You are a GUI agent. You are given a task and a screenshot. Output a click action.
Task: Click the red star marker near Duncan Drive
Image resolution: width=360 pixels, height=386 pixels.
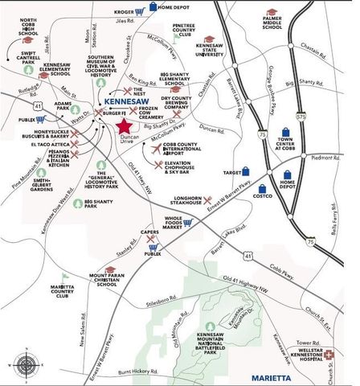click(124, 127)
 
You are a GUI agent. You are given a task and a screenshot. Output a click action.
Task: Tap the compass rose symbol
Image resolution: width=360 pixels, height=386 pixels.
click(26, 364)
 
